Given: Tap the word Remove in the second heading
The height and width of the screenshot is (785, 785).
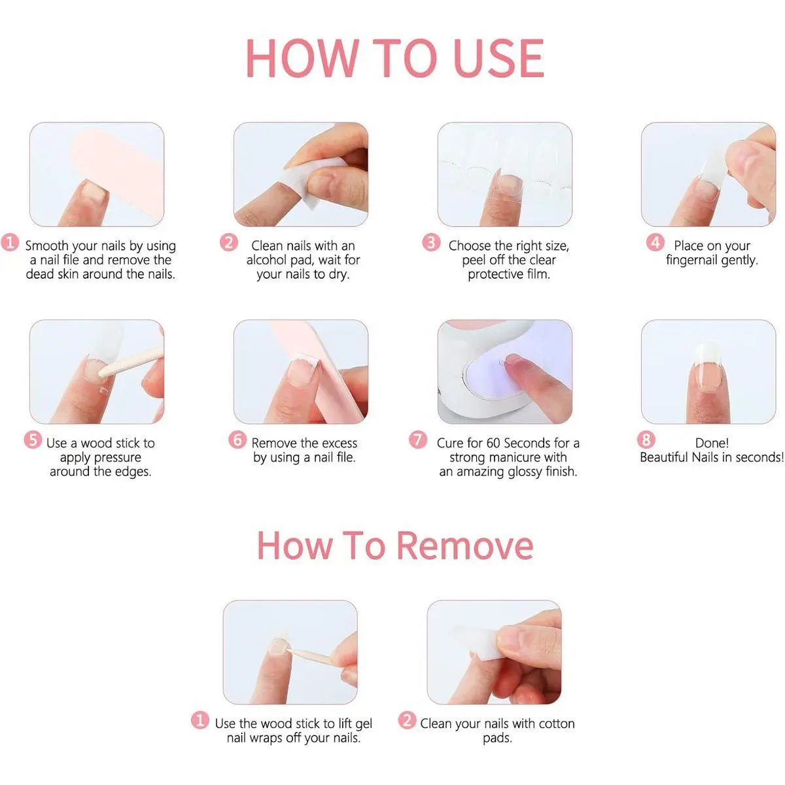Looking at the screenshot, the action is pos(465,546).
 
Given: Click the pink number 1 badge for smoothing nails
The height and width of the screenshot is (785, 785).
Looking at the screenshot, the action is pos(10,243).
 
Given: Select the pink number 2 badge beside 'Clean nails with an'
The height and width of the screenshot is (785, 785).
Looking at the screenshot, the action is pos(228,243).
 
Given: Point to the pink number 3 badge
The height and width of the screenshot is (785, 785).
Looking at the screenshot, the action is pos(431,243).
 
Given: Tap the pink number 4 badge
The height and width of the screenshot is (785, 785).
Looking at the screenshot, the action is pos(655,243).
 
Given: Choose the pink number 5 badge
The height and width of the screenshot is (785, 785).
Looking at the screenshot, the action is pos(33,440).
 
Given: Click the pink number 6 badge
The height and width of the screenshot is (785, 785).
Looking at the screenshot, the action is pos(237,440).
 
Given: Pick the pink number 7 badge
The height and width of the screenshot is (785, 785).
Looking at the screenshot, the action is pos(418,440).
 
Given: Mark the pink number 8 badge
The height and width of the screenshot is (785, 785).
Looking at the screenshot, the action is pos(646,440).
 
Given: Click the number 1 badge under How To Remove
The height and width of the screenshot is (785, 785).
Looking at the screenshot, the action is pos(200,720).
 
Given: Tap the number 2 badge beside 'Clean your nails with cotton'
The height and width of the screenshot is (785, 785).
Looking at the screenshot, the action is pos(407,720).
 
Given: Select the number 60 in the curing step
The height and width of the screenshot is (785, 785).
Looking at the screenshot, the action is pos(493,443).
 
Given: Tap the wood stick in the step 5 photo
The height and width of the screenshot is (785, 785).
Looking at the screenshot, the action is pos(130,361).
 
